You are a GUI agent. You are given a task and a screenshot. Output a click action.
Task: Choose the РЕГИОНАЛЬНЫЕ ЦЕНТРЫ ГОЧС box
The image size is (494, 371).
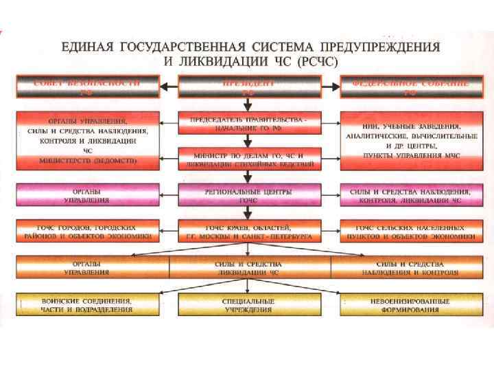click(249, 194)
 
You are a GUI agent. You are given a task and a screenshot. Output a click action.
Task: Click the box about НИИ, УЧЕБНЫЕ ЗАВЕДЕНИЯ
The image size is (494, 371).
click(409, 141)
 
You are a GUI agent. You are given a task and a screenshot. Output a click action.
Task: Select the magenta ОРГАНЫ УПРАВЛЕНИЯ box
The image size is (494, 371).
click(87, 194)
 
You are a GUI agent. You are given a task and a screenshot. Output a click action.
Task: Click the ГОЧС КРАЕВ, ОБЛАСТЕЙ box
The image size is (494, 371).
click(249, 232)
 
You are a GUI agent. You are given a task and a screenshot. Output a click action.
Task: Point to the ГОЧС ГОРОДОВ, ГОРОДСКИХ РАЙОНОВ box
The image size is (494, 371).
click(87, 232)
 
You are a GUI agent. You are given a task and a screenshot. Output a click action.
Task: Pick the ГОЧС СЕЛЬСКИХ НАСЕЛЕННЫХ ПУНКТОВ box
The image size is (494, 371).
click(409, 232)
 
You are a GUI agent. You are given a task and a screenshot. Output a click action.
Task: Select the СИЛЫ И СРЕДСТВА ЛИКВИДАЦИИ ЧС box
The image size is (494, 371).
click(249, 267)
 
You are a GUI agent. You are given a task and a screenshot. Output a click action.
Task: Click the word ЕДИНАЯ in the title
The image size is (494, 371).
click(87, 47)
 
